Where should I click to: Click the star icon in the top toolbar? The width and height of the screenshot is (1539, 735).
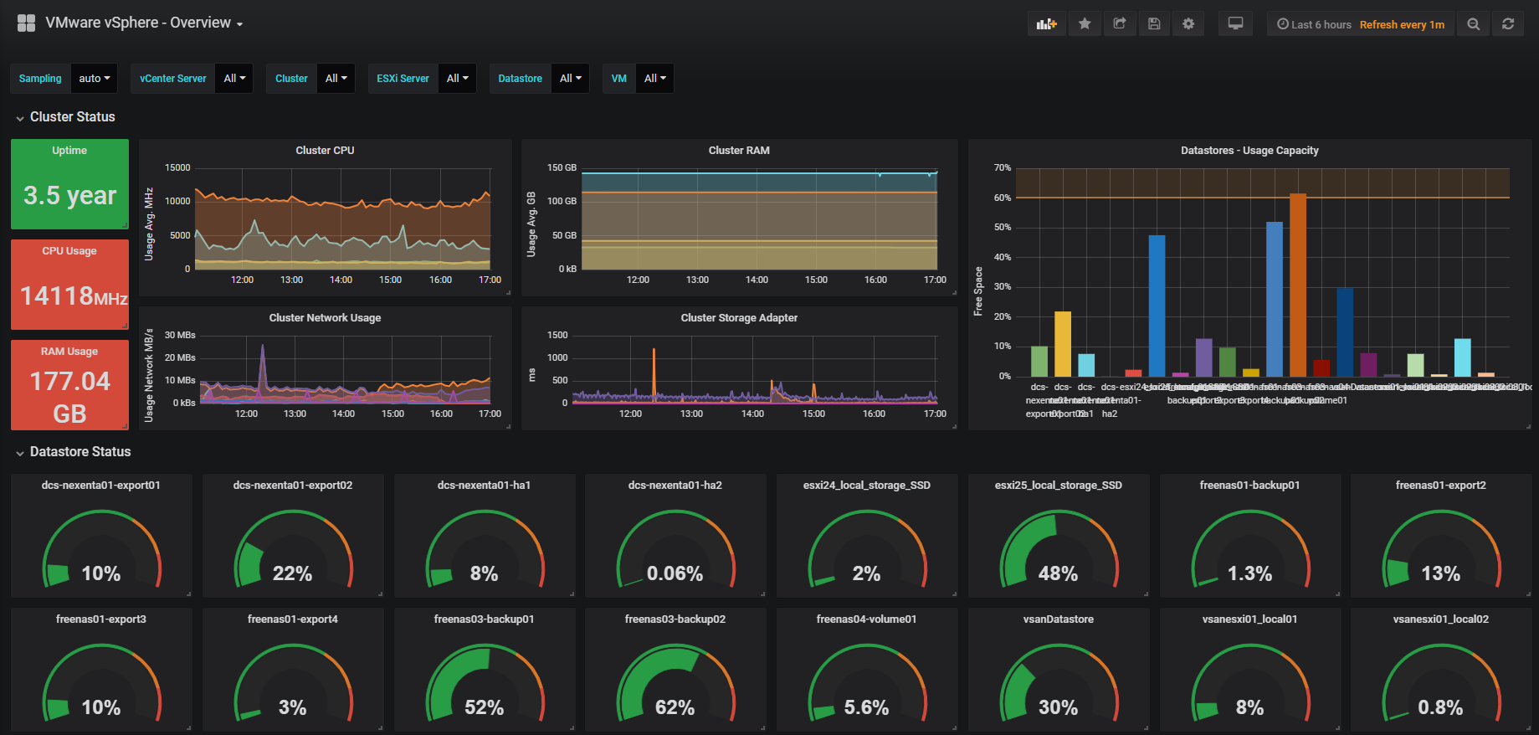1085,23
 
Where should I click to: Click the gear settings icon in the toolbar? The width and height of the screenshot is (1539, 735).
1188,23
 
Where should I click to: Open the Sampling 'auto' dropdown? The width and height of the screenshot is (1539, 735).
95,79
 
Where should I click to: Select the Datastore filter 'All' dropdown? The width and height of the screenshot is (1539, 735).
571,79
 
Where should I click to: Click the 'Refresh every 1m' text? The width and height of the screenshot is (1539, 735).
1402,24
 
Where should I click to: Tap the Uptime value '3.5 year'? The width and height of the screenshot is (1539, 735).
69,195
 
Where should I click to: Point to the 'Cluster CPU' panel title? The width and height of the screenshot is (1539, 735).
325,151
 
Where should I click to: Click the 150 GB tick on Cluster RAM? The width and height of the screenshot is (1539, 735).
562,167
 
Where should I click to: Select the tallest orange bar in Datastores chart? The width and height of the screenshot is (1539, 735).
1297,285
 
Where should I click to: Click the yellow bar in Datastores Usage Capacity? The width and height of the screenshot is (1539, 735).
1062,343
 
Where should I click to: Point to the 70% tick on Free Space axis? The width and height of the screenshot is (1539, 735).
1003,167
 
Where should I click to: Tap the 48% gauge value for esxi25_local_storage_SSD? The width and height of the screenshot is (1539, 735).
1058,573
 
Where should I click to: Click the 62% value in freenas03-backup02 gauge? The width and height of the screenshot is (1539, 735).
675,707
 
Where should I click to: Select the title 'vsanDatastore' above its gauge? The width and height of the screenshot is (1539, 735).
1058,619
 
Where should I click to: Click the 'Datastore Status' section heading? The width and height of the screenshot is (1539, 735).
80,452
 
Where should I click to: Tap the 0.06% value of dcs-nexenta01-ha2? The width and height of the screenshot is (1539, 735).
675,573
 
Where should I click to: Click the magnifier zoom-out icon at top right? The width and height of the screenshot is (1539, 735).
1473,24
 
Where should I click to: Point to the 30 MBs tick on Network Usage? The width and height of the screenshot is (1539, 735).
180,335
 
